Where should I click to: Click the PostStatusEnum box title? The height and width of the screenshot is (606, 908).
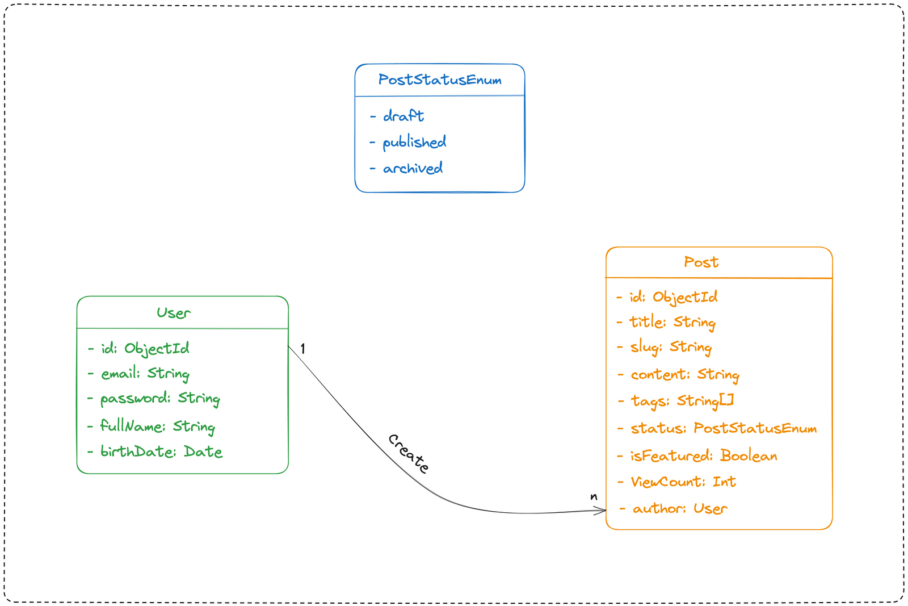coord(440,80)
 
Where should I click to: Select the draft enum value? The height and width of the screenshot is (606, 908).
coord(403,116)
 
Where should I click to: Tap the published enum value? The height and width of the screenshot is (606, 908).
coord(414,142)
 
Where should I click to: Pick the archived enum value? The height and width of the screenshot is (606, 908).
coord(412,168)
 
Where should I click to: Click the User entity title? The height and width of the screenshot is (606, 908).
coord(174,313)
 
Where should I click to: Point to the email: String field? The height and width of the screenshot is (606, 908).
coord(145,373)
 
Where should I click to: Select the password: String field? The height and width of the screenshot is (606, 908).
coord(159,399)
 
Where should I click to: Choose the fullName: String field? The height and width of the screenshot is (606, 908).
coord(157,426)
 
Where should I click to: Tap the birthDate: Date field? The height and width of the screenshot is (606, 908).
coord(161,452)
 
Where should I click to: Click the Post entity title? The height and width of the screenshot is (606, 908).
coord(701,262)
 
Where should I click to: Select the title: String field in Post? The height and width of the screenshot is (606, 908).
coord(672,322)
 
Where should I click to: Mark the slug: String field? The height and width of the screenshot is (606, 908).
coord(670,347)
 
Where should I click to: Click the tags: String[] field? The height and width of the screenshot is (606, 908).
coord(682,401)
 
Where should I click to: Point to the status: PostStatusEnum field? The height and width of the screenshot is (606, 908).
coord(723,428)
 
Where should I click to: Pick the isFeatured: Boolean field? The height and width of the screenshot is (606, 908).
coord(703,455)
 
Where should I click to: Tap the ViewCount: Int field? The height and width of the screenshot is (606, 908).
coord(683,482)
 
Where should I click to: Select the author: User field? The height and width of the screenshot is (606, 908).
coord(679,508)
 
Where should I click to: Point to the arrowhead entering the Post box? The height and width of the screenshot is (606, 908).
coord(602,511)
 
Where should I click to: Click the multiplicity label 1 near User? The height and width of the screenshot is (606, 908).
coord(303,349)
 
